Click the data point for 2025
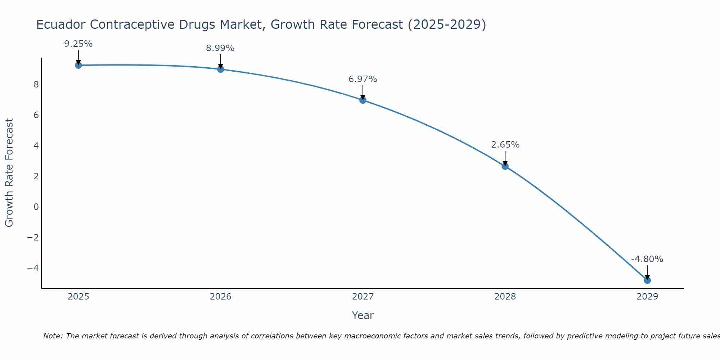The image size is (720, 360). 78,65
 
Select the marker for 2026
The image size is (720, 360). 221,69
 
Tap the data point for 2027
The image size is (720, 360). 363,100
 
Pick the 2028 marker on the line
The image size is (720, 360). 505,166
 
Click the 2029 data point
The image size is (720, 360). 647,280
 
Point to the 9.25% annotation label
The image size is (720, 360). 78,44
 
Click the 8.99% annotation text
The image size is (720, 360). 220,48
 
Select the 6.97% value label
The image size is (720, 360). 363,79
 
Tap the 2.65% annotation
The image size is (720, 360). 505,145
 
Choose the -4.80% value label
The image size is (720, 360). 647,259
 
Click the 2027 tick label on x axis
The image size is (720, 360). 363,297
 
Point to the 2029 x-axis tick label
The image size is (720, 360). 647,297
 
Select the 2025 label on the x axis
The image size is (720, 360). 78,297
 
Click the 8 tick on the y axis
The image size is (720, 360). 36,85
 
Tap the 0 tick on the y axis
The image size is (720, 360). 36,207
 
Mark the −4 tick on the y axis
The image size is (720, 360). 33,268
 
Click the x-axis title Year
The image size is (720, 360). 363,315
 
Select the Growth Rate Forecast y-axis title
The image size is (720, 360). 9,173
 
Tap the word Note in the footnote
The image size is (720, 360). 53,336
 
